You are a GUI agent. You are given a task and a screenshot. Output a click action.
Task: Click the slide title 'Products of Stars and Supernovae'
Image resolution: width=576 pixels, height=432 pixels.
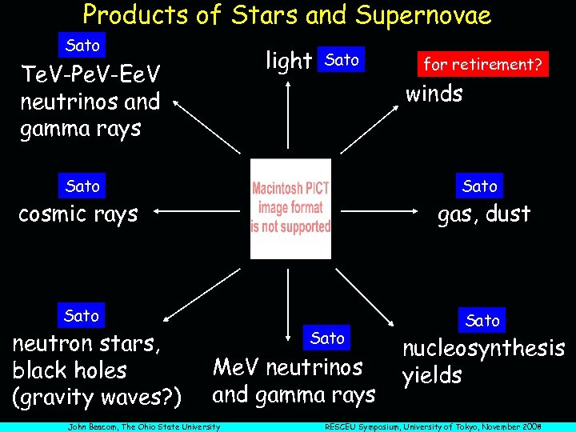click(286, 14)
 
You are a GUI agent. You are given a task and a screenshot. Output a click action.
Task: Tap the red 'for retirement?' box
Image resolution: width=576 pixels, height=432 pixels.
click(482, 64)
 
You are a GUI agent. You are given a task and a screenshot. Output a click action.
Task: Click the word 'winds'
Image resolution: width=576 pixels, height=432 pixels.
click(434, 94)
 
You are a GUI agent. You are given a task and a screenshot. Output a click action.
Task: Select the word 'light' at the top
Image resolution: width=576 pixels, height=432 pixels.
click(288, 60)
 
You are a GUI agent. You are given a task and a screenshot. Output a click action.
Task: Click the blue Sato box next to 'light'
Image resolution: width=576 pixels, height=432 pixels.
click(342, 60)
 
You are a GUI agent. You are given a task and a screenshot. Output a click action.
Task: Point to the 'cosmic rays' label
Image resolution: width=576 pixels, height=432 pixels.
click(78, 214)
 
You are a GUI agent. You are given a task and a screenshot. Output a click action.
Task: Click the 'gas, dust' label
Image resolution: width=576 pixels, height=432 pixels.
click(483, 214)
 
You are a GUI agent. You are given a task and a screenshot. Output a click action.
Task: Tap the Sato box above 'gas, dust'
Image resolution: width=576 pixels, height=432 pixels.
click(480, 186)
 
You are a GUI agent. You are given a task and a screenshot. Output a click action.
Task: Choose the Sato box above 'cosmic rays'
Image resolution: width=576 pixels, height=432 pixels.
click(82, 186)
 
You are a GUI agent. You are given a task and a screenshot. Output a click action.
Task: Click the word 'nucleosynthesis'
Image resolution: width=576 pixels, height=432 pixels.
click(483, 348)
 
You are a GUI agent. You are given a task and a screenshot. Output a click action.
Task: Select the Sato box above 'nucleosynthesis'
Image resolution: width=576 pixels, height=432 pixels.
click(482, 320)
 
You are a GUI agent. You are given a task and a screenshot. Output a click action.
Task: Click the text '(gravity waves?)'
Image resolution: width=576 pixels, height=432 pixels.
click(98, 397)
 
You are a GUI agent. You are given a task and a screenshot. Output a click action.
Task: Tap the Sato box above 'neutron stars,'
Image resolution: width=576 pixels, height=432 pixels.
click(82, 315)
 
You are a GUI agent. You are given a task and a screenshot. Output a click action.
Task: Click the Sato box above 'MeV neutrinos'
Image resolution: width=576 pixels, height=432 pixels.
click(327, 338)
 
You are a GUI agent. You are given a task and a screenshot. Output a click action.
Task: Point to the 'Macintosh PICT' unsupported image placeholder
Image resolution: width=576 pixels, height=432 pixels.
click(290, 209)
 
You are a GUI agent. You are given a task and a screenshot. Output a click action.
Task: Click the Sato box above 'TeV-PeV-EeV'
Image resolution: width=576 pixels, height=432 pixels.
click(82, 45)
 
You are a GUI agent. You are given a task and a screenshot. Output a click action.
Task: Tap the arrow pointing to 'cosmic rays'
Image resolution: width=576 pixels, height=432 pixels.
click(200, 211)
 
